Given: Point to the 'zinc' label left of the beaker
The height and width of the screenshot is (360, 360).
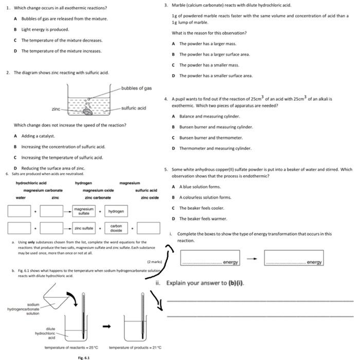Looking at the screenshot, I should tap(56, 109).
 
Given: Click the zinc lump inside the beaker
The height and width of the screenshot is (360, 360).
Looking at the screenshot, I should tap(88, 110).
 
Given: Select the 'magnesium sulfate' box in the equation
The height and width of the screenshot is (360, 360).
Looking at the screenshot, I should tap(84, 211).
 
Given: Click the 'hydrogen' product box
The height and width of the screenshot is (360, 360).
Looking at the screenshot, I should tap(115, 211).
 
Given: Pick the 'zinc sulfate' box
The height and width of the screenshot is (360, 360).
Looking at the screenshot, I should tap(84, 228).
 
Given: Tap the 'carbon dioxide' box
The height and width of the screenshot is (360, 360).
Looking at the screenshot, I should tap(116, 228).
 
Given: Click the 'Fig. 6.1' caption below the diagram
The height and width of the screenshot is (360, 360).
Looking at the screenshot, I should tap(83, 357).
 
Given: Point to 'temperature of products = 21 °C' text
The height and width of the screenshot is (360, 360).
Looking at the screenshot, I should tap(136, 348).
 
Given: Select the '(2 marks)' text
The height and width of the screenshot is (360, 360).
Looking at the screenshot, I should tap(154, 262).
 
